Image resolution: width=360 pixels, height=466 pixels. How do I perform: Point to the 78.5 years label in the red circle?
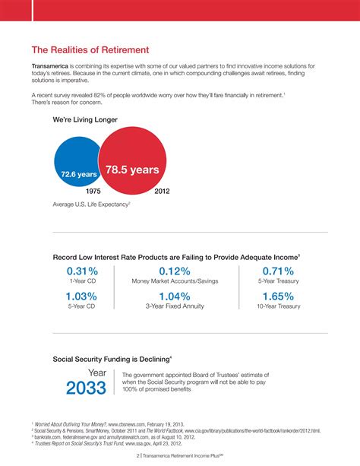tap(132, 170)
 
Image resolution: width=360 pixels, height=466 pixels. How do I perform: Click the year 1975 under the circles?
tap(94, 192)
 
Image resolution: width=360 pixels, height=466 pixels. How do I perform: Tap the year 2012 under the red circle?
tap(162, 192)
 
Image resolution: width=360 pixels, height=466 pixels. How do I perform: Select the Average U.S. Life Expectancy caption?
tap(91, 204)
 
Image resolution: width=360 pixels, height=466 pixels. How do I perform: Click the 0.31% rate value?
tap(82, 271)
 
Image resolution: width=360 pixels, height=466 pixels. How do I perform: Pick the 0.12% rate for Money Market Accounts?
tap(174, 271)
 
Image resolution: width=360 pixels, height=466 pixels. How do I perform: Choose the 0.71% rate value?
tap(278, 271)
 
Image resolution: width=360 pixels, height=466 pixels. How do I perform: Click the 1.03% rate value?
tap(81, 296)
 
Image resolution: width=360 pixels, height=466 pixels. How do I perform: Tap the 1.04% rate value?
tap(174, 296)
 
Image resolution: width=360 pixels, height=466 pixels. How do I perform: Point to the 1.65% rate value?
tap(278, 296)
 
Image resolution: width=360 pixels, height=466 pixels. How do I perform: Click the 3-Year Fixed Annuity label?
tap(175, 306)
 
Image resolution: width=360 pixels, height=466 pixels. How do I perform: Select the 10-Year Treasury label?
tap(278, 306)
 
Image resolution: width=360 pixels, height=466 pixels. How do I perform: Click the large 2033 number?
tap(87, 388)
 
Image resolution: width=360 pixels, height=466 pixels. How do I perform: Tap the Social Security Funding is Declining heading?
tap(111, 357)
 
